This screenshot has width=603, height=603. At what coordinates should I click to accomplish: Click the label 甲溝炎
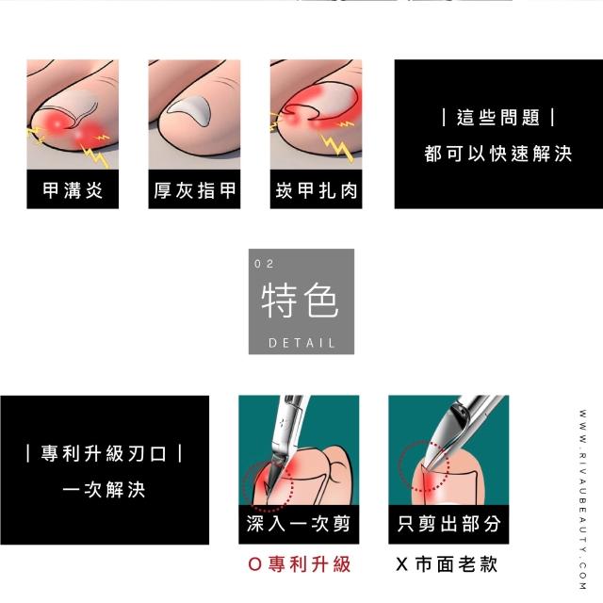coord(73,190)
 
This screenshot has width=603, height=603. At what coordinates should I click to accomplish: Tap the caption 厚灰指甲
coord(194,190)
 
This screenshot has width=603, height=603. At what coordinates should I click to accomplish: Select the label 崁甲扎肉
coord(317,190)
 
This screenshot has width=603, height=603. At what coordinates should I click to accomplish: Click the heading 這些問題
coord(498,117)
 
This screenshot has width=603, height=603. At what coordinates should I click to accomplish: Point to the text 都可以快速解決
coord(498,154)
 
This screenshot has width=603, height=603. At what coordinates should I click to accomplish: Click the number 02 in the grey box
coord(264,264)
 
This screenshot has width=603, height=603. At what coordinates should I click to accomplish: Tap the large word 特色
coord(301,301)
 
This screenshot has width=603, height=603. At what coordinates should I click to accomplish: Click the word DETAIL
coord(301,343)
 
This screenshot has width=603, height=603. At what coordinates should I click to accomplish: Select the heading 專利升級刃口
coord(104,453)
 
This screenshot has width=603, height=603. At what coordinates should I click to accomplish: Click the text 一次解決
coord(104,490)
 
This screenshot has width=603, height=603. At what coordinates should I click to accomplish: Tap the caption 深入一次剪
coord(299,524)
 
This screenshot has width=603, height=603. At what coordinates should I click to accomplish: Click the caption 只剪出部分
coord(448,524)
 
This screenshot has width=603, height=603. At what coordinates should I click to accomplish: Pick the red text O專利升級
coord(300,564)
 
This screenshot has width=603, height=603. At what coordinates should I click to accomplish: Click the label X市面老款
coord(447,564)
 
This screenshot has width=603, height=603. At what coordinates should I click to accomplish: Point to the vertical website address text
coord(583,499)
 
